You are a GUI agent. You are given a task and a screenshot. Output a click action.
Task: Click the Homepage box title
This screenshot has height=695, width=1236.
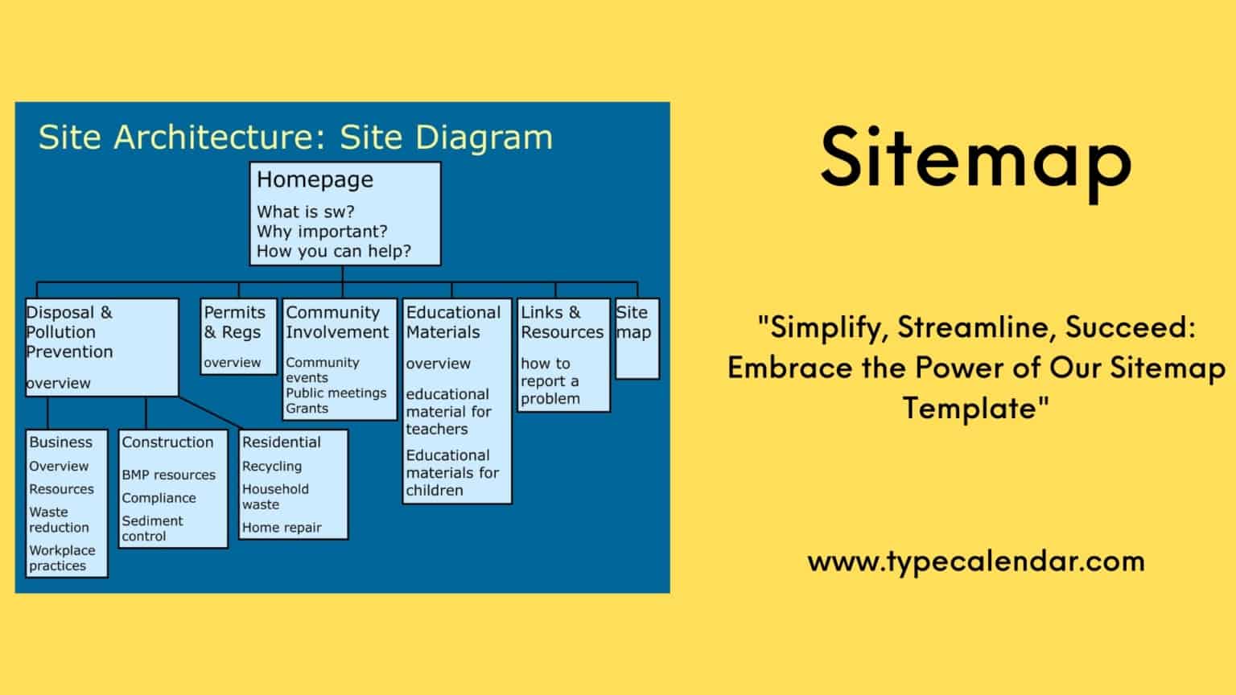tap(315, 179)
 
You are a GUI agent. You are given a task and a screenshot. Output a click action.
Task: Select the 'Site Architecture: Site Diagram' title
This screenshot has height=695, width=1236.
tap(295, 138)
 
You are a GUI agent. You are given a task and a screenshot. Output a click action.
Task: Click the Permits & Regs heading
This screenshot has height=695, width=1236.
tap(233, 322)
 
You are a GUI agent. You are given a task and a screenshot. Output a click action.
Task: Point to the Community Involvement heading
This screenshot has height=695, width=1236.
tap(336, 322)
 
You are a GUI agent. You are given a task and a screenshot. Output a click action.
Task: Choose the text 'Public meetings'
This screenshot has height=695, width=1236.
tap(336, 393)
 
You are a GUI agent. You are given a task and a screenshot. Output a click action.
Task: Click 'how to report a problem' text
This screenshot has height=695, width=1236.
tap(550, 380)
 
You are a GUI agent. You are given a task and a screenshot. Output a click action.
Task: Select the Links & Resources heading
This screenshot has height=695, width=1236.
tap(562, 322)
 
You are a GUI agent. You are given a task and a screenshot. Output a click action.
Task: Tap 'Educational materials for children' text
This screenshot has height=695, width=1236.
tap(451, 472)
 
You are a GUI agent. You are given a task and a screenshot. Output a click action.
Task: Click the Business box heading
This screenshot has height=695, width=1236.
tap(60, 442)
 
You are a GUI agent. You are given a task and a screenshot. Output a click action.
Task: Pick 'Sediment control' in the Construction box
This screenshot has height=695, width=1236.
tap(152, 528)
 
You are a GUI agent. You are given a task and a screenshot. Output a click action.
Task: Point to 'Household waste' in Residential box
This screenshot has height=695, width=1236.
tap(274, 496)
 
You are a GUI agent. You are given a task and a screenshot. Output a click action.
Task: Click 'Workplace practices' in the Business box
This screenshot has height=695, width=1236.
tap(61, 558)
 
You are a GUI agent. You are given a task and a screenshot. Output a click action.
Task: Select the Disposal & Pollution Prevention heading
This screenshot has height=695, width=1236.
tap(69, 331)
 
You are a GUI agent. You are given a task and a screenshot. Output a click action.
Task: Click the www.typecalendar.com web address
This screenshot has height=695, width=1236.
tap(975, 561)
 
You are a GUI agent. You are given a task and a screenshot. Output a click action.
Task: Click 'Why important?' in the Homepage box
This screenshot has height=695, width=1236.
tap(321, 232)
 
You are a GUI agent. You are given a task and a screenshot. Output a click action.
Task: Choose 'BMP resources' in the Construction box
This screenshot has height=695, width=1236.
tap(168, 475)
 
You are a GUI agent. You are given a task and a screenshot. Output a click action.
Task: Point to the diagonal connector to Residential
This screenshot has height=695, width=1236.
tap(211, 412)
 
